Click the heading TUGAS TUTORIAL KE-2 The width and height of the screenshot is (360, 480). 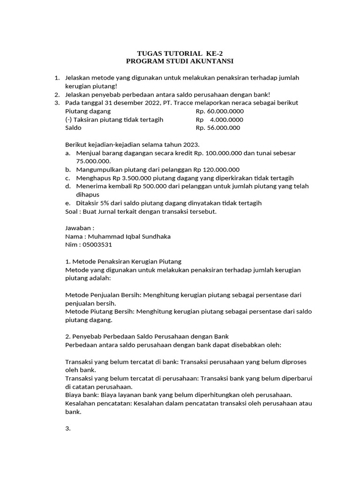point(180,53)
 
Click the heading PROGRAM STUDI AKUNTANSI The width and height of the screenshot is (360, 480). point(180,61)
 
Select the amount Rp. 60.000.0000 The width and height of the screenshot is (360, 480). point(219,111)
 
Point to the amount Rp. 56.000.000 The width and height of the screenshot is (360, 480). point(217,128)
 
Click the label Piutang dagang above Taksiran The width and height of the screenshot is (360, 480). point(88,111)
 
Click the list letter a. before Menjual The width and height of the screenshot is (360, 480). point(68,153)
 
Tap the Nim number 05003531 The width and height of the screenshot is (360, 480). point(97,245)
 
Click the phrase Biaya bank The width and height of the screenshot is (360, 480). point(81,395)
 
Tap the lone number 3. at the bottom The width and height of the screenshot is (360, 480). point(67,428)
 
